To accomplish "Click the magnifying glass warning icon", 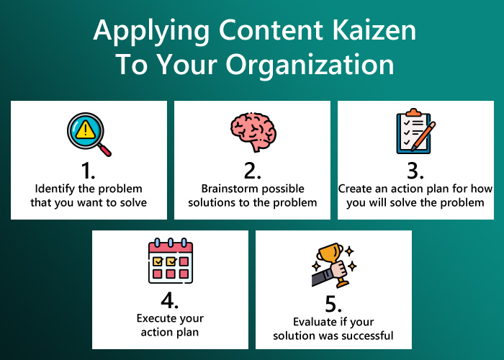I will (x=88, y=133).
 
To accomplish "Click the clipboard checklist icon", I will (x=415, y=132).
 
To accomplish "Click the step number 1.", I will (x=88, y=171).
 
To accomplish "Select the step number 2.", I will (x=252, y=171).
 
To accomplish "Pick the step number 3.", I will (x=415, y=171).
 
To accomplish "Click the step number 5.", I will (x=333, y=302).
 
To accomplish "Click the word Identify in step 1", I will (x=53, y=189).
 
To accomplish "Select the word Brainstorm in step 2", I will (x=223, y=189).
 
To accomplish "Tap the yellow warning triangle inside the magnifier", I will (x=86, y=130).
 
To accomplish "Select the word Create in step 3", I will (x=355, y=189).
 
